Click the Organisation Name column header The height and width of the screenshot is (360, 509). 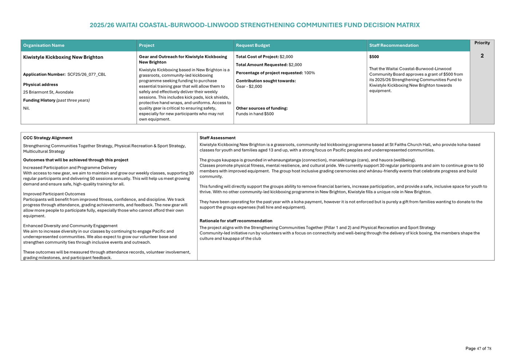point(44,46)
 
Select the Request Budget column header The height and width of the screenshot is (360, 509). point(253,46)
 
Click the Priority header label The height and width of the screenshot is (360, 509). point(482,43)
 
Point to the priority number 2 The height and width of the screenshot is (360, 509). point(482,56)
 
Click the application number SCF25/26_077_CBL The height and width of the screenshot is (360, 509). point(87,75)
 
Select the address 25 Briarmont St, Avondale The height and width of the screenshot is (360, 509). point(48,92)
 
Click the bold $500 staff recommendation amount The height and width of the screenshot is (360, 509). point(374,57)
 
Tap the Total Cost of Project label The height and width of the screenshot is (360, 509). point(257,57)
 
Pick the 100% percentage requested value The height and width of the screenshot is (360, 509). point(309,73)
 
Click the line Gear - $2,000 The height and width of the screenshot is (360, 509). point(249,87)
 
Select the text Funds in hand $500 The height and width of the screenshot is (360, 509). point(254,114)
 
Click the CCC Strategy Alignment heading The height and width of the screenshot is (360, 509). point(48,138)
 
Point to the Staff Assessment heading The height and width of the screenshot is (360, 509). point(217,138)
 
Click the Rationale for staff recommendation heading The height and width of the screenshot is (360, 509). point(236,221)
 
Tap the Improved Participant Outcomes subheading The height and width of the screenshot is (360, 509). point(54,194)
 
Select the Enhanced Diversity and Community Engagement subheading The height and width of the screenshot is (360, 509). point(70,226)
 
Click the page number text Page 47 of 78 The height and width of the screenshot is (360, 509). point(478,349)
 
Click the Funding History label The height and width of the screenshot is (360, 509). point(39,100)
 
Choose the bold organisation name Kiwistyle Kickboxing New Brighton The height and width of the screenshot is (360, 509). point(63,58)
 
